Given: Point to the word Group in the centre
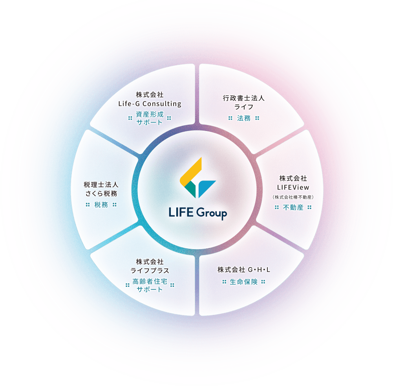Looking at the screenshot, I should tap(211, 214).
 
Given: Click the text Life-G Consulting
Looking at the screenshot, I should tap(150, 104).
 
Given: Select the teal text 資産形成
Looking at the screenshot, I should tap(150, 117).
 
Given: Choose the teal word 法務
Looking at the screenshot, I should tap(244, 118).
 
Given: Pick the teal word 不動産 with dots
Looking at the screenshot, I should tap(293, 208).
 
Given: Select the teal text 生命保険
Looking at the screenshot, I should tap(244, 282).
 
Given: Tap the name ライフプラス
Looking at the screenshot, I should tap(150, 271).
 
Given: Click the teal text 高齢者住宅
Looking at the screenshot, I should tap(150, 281).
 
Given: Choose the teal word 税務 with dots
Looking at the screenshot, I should tap(101, 204).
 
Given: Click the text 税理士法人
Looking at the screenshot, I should tap(101, 184).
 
